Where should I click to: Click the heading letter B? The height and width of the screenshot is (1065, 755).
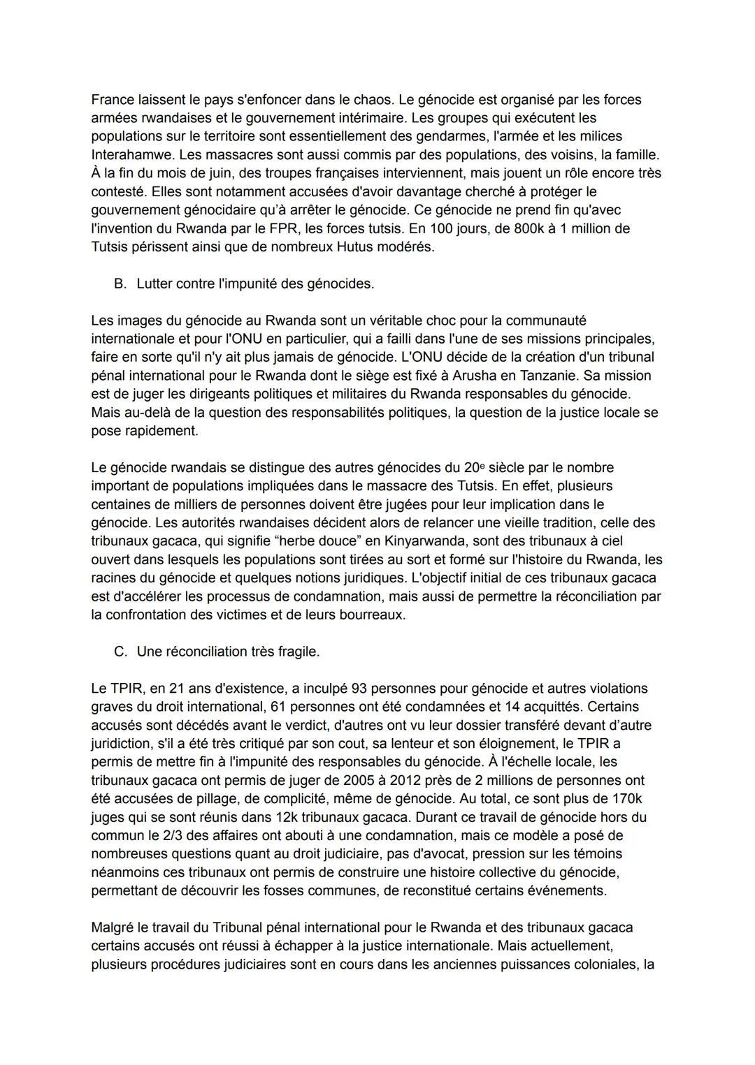click(120, 284)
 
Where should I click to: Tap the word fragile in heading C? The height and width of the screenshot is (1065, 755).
click(296, 652)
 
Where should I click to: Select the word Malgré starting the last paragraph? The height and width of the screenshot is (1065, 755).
click(113, 927)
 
